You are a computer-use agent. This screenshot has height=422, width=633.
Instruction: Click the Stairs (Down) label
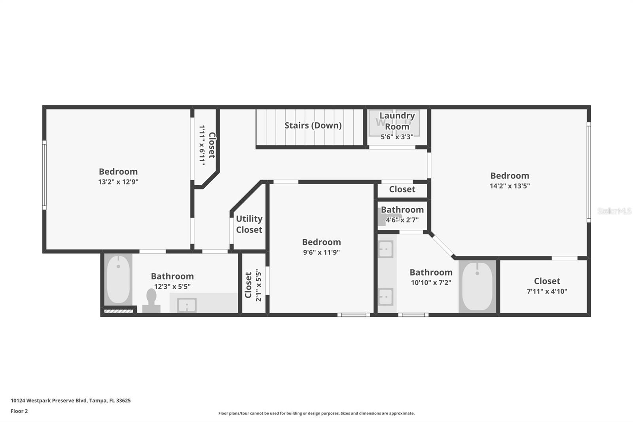pos(313,125)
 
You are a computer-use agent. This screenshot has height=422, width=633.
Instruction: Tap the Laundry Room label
pos(397,121)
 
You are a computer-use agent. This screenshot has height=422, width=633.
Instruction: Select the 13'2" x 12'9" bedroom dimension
pos(118,182)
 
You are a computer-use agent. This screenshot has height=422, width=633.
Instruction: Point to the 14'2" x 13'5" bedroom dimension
pos(510,186)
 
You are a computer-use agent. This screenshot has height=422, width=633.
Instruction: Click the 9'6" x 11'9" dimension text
pos(321,253)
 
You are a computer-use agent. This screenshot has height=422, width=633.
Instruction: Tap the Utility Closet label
pos(249,224)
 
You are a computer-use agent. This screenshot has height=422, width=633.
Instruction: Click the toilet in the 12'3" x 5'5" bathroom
pos(151,300)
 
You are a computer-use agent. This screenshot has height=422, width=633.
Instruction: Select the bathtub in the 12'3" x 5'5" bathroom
pos(118,279)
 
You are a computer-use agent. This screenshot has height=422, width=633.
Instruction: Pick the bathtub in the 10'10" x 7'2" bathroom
pos(478,286)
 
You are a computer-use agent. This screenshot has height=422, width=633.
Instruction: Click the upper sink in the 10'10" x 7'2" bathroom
pos(385,249)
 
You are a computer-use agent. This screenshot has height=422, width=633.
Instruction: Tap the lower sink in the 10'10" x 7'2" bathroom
pos(385,297)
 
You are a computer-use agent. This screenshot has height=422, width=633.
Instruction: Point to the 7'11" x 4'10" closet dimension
pos(547,291)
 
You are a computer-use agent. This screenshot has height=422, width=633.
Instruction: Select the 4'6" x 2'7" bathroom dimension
pos(402,220)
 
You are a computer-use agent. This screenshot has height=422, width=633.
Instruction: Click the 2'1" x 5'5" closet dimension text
pos(258,285)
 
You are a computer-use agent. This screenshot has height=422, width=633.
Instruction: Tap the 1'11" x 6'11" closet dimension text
pos(202,145)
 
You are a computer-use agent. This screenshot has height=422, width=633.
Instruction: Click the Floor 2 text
pos(19,411)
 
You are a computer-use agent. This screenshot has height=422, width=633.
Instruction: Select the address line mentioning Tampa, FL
pos(70,400)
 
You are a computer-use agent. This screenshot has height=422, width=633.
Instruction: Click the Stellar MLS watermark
pos(614,211)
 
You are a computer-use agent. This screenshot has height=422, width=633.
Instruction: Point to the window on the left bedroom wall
pos(44,175)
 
